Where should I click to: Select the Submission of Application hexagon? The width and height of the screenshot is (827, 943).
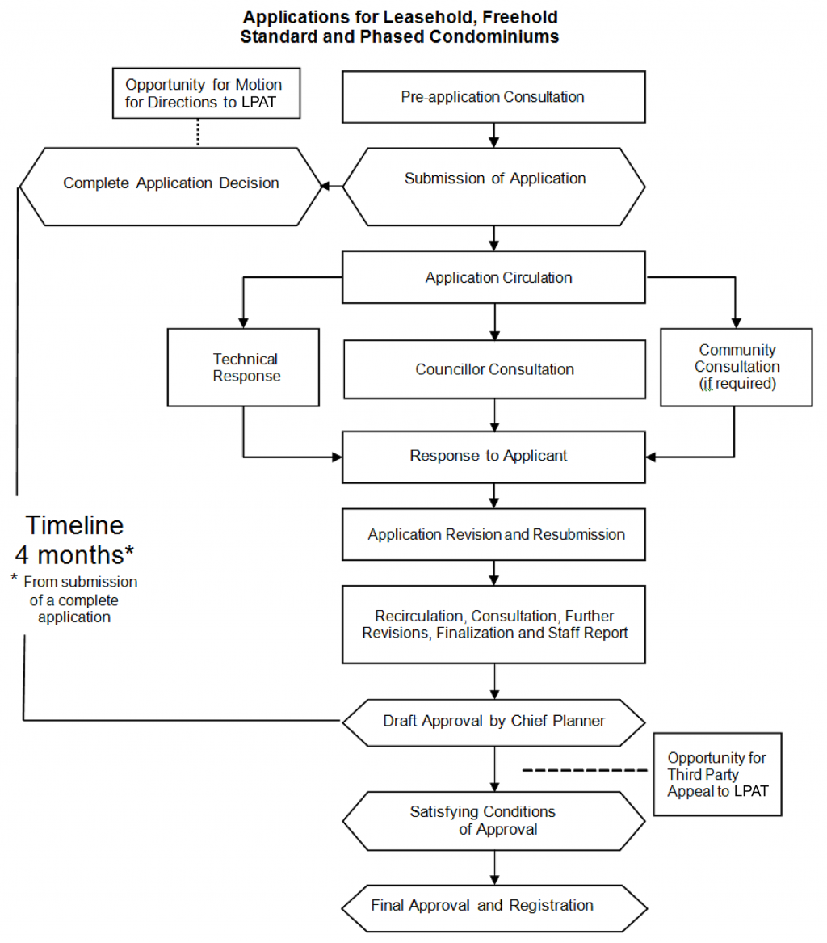(494, 186)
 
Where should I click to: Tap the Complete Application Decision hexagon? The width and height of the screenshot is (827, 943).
(170, 186)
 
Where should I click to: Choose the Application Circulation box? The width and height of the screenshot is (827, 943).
(494, 278)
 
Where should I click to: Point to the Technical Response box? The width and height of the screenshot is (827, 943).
(246, 367)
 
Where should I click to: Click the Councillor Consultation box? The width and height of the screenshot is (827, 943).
(494, 369)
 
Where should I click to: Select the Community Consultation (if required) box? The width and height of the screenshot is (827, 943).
(737, 367)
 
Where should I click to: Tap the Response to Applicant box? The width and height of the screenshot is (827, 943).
(494, 456)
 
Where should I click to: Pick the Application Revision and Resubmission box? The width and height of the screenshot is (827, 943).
(494, 534)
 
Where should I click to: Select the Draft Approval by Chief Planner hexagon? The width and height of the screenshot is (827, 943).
(494, 720)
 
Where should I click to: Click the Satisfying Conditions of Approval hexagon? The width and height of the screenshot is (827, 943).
(494, 820)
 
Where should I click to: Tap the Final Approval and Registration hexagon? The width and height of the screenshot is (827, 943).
(494, 905)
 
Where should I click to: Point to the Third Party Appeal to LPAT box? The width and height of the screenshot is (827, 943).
(716, 774)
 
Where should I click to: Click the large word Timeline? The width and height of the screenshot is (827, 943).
(74, 525)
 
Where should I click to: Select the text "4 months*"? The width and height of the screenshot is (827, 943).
(74, 556)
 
